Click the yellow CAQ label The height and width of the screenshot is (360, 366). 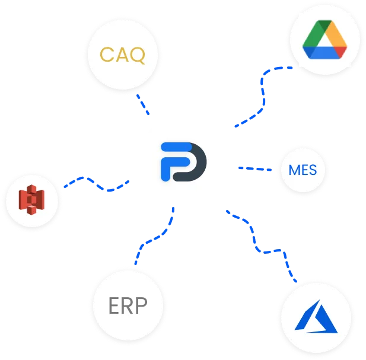click(123, 55)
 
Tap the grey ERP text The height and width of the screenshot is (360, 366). click(128, 305)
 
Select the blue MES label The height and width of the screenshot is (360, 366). click(303, 170)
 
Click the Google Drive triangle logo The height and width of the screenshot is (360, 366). click(324, 39)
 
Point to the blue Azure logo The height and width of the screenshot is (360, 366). click(316, 316)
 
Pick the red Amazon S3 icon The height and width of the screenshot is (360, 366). click(31, 200)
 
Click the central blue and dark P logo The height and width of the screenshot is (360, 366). click(183, 162)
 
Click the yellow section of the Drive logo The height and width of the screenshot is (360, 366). click(336, 35)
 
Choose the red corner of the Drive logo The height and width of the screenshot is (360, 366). click(340, 52)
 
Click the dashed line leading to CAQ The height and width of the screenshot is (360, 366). click(143, 104)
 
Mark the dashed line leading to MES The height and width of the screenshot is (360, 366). click(255, 168)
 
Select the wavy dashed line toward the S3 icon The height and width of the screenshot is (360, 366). click(96, 184)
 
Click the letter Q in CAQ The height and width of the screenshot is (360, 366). click(138, 56)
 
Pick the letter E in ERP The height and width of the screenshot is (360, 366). click(114, 305)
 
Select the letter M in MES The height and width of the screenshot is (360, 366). click(294, 170)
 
